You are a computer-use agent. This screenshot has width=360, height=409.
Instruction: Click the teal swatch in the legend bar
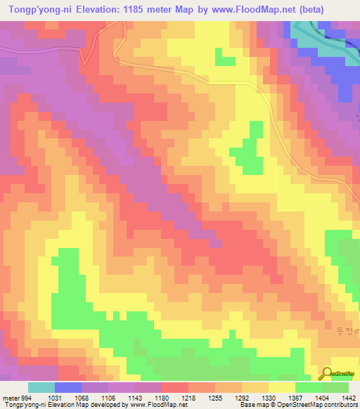pos(41,387)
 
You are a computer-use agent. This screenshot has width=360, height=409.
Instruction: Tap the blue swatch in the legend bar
pos(68,387)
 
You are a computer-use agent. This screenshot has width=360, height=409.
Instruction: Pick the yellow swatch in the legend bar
pos(282,387)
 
